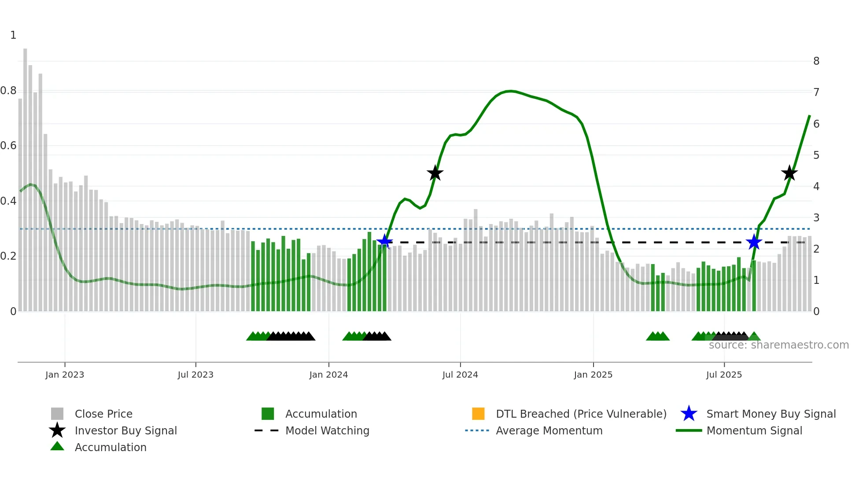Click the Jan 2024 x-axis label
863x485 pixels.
(328, 375)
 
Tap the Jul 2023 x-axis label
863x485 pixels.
(195, 375)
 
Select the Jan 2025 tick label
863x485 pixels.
(593, 375)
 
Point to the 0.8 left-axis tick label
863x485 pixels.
(8, 91)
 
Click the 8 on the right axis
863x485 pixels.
(816, 61)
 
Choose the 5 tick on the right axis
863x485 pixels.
(816, 155)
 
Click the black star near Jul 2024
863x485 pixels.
(435, 173)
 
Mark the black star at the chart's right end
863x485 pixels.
(789, 173)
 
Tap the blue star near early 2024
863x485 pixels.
(384, 241)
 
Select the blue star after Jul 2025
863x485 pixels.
(754, 242)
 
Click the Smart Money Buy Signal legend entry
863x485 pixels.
(771, 414)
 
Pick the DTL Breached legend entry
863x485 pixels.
(581, 414)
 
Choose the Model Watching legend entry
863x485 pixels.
(327, 430)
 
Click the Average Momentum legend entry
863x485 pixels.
(549, 430)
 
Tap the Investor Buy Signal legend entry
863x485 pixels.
(125, 430)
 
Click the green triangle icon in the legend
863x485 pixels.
(57, 446)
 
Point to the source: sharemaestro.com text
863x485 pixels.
(778, 345)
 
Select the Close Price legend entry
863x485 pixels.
(103, 414)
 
